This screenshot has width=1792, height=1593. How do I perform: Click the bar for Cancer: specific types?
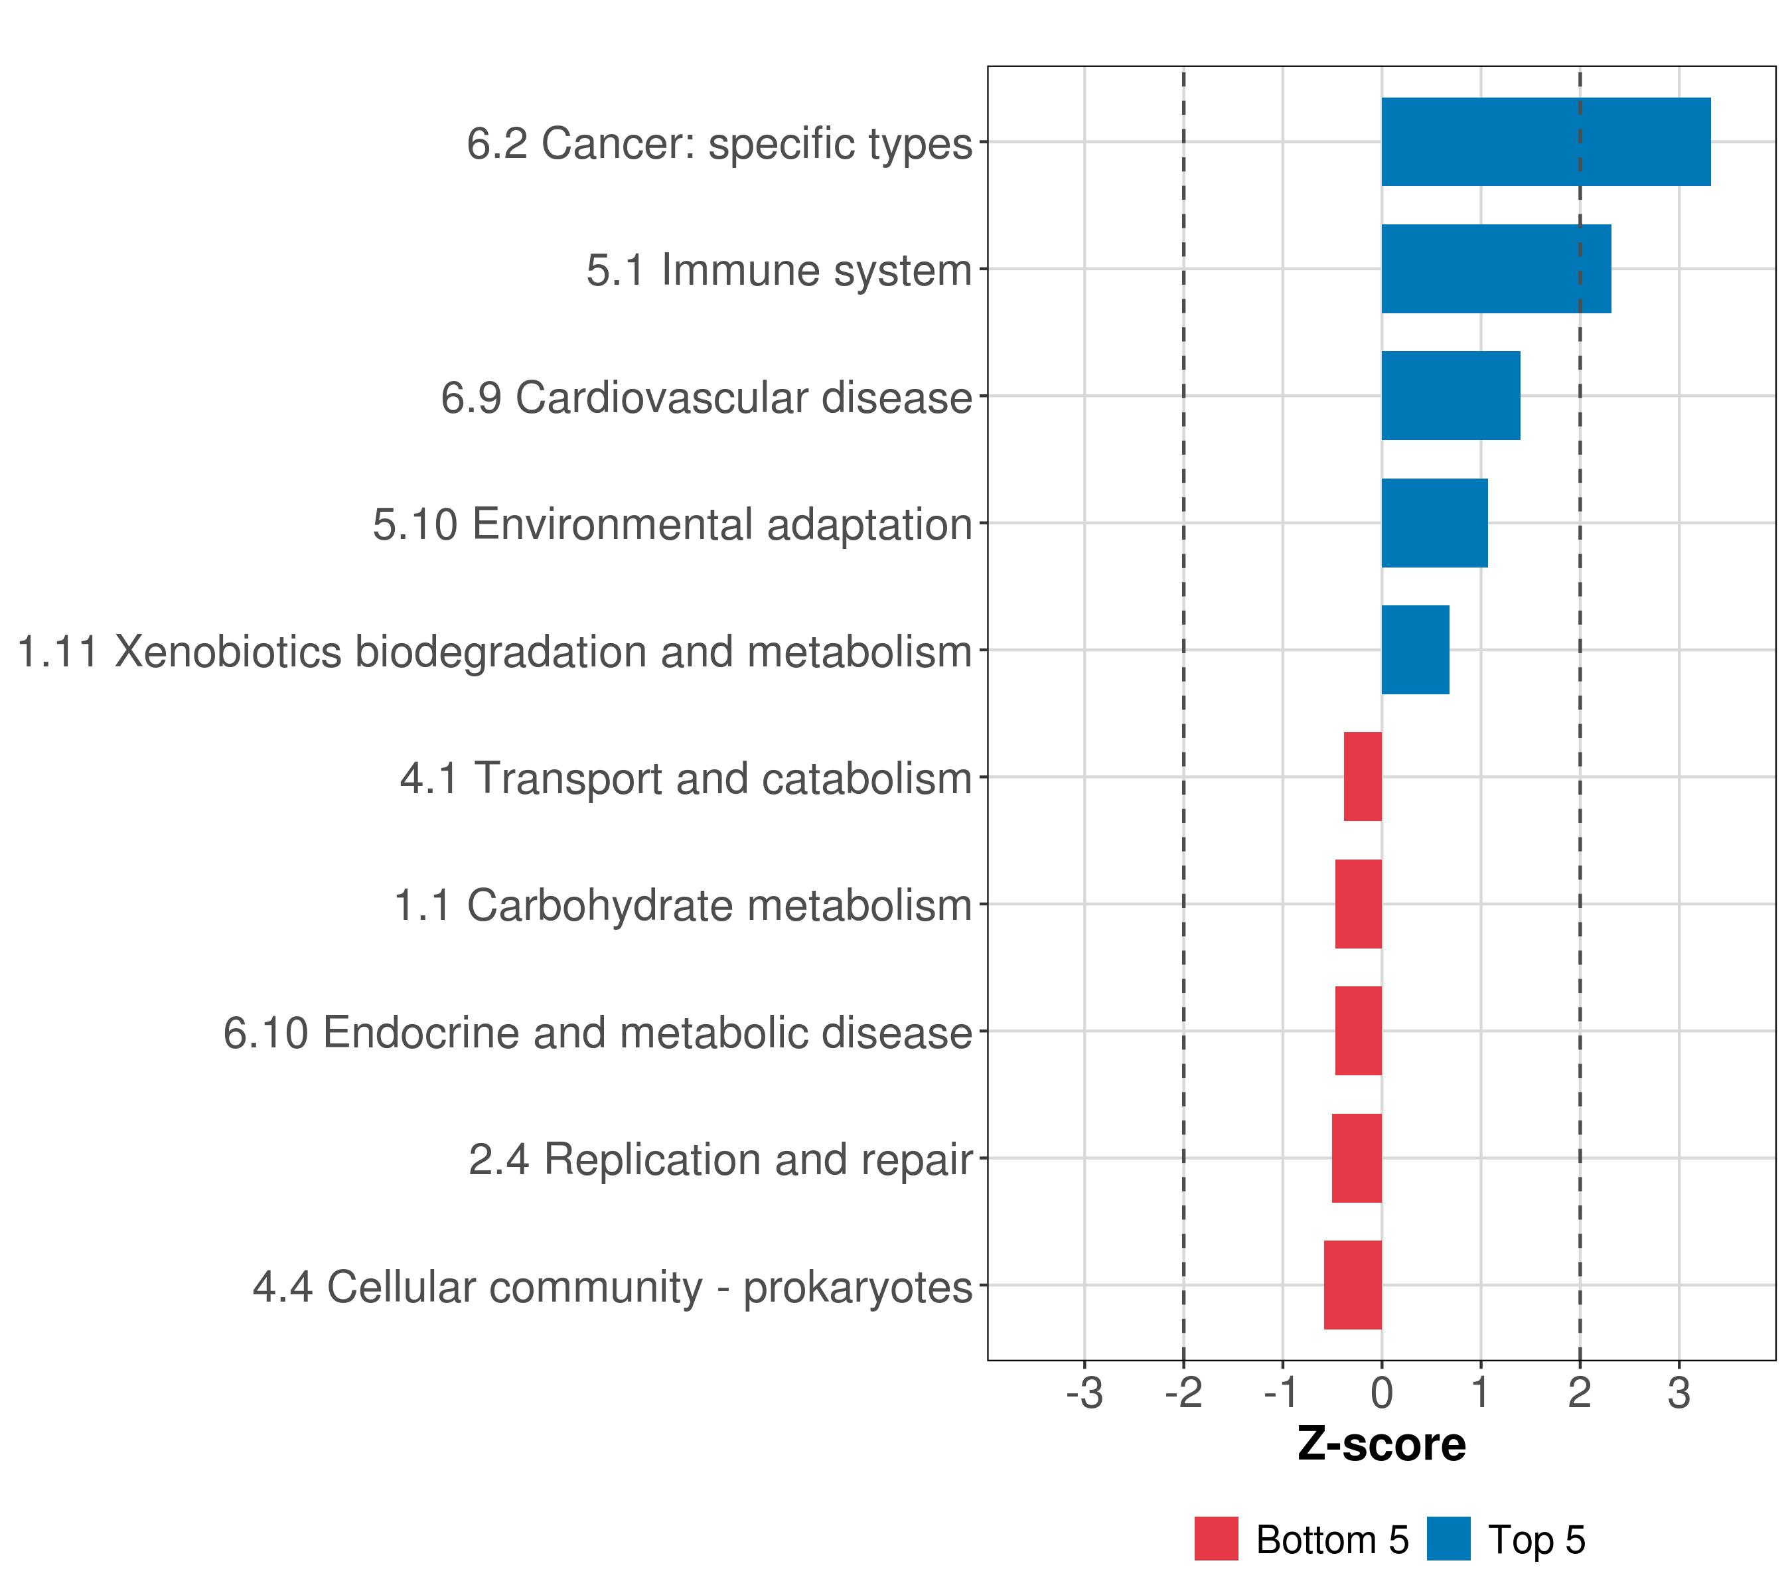click(1546, 142)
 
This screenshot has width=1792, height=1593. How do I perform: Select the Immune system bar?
click(1496, 269)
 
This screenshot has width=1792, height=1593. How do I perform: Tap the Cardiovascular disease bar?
click(1450, 396)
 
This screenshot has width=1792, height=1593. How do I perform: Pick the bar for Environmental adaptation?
click(1434, 524)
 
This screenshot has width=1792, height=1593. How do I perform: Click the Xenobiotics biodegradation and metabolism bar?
click(1415, 650)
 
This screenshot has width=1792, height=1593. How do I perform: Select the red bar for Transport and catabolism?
click(1363, 777)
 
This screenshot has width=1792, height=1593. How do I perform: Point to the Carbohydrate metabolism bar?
click(1358, 904)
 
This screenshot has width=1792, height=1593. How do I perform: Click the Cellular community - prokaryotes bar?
click(1353, 1285)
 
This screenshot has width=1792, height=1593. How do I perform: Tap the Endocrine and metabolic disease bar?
click(1358, 1031)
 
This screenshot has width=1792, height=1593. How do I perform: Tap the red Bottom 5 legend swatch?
click(1216, 1539)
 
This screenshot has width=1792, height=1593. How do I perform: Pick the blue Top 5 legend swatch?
click(1448, 1539)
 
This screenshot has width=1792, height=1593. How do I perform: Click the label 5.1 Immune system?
click(779, 270)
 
